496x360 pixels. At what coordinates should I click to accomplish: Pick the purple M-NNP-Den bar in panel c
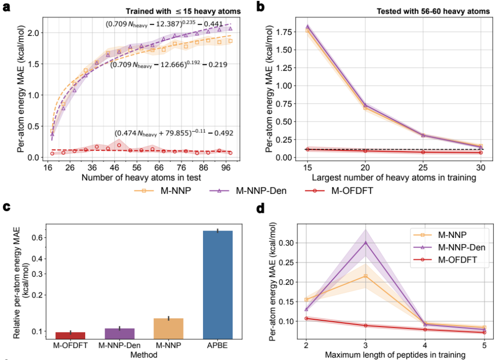pyautogui.click(x=116, y=333)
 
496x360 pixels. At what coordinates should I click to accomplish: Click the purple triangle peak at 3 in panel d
pyautogui.click(x=365, y=242)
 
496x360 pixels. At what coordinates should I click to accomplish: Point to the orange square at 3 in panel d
pyautogui.click(x=365, y=276)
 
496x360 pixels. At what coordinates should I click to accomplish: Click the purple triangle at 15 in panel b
pyautogui.click(x=307, y=27)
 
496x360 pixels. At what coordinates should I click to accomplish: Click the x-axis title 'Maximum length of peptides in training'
pyautogui.click(x=395, y=355)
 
